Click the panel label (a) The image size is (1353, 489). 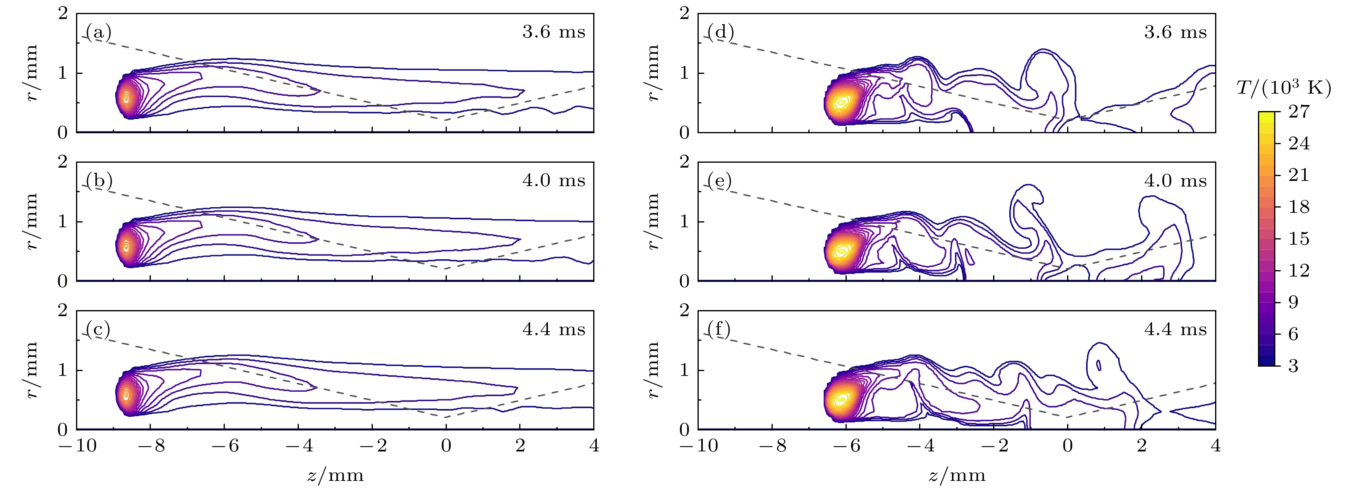tap(99, 33)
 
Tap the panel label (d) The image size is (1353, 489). tap(720, 33)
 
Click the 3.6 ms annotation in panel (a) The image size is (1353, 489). tap(554, 32)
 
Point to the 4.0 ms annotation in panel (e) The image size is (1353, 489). tap(1175, 181)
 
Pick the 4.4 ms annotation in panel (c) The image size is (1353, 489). tap(554, 329)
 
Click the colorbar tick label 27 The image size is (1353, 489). tap(1299, 111)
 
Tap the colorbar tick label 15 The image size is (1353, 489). tap(1299, 239)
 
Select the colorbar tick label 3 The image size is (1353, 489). tap(1293, 366)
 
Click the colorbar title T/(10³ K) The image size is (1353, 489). tap(1284, 88)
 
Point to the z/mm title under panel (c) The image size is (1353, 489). tap(335, 475)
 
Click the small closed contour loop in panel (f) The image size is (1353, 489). tap(1098, 365)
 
